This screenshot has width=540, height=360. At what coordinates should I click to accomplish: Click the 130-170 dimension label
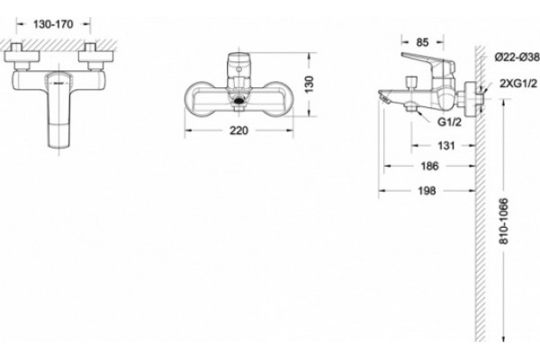(x=53, y=24)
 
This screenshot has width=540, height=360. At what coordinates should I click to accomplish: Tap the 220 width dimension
(x=238, y=130)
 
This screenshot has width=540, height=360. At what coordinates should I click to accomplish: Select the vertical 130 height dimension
(x=310, y=84)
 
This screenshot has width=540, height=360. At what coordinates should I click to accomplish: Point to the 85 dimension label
(x=422, y=42)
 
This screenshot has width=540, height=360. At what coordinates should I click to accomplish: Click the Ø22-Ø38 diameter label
(x=517, y=58)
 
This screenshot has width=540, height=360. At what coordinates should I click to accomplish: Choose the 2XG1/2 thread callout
(x=518, y=84)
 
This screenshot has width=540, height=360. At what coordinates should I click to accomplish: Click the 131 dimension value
(x=446, y=146)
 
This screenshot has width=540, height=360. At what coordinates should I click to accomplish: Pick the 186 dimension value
(x=430, y=166)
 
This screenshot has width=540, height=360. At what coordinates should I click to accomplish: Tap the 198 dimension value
(x=427, y=191)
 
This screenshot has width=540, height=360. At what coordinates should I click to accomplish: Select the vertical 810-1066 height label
(x=503, y=221)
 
